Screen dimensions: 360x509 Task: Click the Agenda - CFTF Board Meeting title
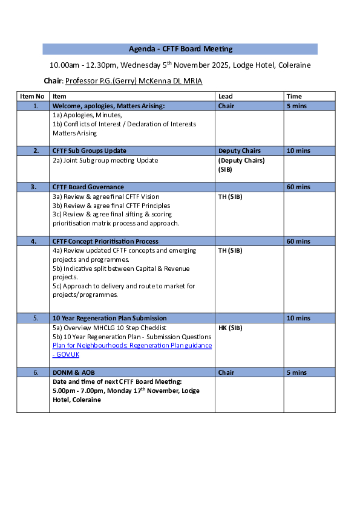(x=180, y=49)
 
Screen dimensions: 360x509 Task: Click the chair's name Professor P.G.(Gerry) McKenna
(x=134, y=81)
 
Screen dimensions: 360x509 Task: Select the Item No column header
(x=32, y=96)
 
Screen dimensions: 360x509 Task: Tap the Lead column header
(x=225, y=96)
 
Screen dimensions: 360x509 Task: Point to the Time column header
(x=294, y=96)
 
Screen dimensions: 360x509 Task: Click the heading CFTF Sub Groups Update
(x=90, y=151)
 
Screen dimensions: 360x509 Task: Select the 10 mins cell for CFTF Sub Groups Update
(x=298, y=151)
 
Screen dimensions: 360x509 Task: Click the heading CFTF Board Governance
(x=88, y=187)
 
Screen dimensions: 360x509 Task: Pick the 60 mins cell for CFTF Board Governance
(x=298, y=187)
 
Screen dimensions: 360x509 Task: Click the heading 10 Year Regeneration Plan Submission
(x=110, y=318)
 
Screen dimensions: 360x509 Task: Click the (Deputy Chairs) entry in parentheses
(x=241, y=160)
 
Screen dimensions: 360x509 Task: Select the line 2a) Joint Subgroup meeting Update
(x=105, y=160)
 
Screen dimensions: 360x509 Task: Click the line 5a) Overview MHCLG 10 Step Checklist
(x=109, y=328)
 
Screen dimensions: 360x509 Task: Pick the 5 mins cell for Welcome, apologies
(x=296, y=106)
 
